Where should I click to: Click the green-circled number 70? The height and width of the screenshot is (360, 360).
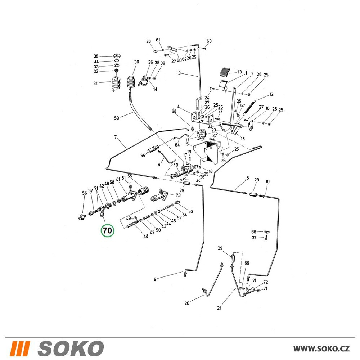[107, 230]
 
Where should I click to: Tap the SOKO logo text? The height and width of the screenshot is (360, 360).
[71, 348]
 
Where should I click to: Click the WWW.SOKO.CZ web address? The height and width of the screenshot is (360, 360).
[321, 349]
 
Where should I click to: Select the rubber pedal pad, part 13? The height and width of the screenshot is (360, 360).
[224, 72]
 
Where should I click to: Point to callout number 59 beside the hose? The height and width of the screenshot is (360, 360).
[117, 118]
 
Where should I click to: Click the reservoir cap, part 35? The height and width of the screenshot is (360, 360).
[117, 56]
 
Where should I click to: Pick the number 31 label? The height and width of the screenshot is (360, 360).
[95, 84]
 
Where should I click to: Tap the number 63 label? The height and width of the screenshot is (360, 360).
[209, 41]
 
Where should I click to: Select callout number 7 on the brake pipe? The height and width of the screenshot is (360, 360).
[116, 137]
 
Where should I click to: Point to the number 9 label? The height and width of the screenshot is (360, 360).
[155, 279]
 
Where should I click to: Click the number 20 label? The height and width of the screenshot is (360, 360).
[187, 303]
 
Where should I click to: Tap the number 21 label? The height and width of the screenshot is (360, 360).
[219, 308]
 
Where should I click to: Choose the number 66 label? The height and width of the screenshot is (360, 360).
[254, 232]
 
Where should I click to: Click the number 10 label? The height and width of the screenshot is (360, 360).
[267, 181]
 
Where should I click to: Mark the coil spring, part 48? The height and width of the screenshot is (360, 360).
[132, 224]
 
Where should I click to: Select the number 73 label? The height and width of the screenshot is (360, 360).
[178, 195]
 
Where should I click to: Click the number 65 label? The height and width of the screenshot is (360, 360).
[143, 156]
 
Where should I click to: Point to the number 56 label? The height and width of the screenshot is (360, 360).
[85, 193]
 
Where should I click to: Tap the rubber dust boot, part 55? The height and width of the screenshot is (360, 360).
[143, 191]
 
